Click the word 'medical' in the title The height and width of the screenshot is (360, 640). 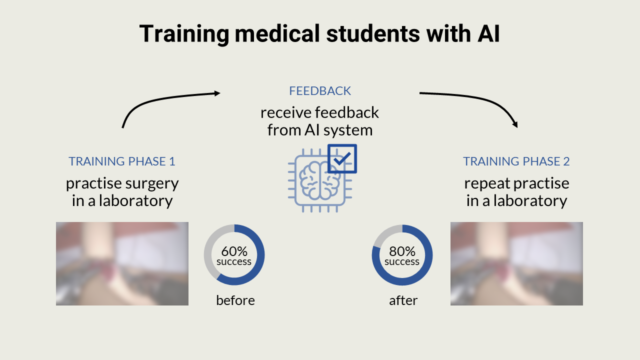pos(275,34)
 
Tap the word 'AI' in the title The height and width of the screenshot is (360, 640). pos(485,34)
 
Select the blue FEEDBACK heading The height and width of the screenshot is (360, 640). pos(320,91)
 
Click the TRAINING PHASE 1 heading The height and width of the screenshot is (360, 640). pos(122,161)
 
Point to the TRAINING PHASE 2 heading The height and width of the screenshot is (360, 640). pos(516,161)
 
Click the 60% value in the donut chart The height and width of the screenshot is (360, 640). pos(234,251)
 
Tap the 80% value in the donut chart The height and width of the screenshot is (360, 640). pos(402,251)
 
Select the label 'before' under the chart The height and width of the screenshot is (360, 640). pos(235,300)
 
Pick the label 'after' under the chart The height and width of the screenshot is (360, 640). pos(403,300)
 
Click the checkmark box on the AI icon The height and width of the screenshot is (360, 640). pos(342,158)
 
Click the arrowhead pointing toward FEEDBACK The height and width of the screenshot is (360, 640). pos(217,92)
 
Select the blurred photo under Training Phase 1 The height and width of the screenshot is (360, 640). pos(122,263)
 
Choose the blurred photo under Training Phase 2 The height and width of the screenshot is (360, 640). pos(516,263)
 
